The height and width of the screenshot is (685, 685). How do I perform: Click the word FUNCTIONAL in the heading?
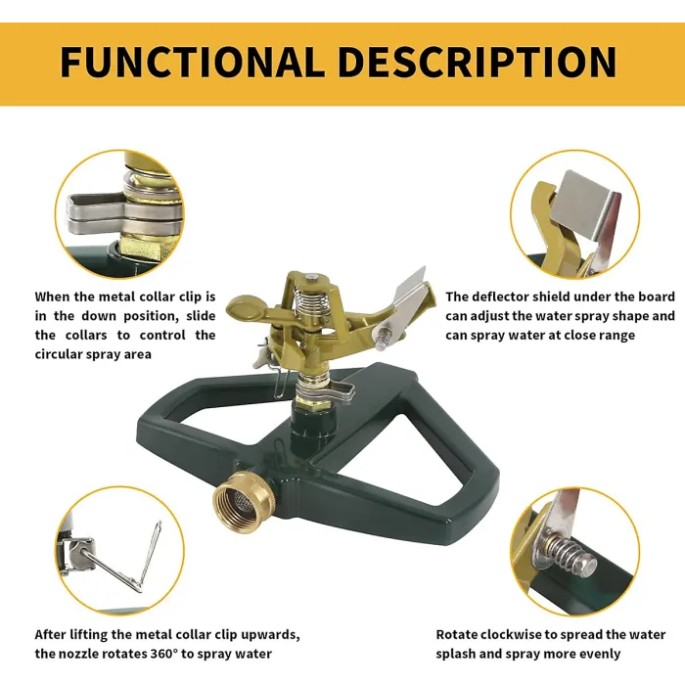[x=192, y=62]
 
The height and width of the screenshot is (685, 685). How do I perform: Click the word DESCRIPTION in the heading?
[x=478, y=62]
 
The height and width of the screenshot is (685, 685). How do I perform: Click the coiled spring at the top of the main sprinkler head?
[x=310, y=299]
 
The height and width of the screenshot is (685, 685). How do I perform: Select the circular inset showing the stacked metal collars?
[x=120, y=214]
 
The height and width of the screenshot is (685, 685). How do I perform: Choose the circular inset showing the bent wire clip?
[x=120, y=550]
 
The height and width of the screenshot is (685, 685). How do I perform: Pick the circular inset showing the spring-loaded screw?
[x=575, y=551]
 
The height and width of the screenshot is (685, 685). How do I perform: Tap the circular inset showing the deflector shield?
[x=575, y=214]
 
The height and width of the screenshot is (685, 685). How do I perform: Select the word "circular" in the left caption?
[x=59, y=354]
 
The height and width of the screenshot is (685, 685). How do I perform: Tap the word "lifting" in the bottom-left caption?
[x=89, y=634]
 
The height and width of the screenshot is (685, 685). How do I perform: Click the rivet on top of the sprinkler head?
[x=310, y=277]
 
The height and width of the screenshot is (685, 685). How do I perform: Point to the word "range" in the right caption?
[x=616, y=336]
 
